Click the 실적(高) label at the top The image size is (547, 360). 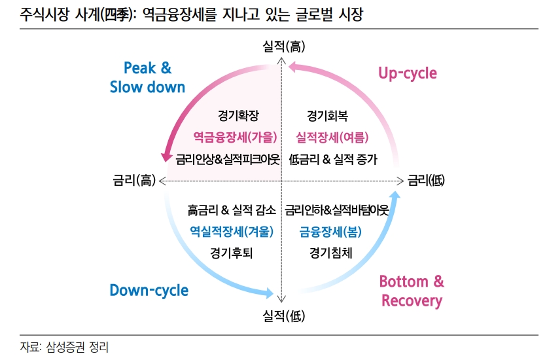tap(283, 46)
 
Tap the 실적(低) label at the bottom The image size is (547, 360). tap(283, 316)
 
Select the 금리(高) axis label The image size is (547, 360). tap(134, 181)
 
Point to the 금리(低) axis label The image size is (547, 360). tap(426, 181)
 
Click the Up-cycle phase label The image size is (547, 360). tap(408, 73)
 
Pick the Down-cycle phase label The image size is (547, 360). tap(149, 290)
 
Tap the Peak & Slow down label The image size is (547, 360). tap(148, 77)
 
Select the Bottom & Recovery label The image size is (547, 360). tap(412, 291)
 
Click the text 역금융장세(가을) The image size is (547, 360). tap(235, 137)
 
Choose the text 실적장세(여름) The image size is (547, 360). tap(332, 137)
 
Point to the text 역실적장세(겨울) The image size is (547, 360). tap(232, 231)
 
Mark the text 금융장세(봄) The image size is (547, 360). tap(330, 232)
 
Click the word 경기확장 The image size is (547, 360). tap(238, 115)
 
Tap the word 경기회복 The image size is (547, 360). tap(327, 116)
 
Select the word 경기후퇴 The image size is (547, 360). tap(231, 253)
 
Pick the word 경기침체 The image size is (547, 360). tap(330, 253)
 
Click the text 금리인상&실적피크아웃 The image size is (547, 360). tap(228, 160)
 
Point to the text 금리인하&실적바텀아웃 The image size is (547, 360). tap(337, 210)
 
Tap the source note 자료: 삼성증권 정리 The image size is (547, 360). tap(64, 347)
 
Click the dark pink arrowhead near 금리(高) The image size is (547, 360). tap(166, 156)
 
